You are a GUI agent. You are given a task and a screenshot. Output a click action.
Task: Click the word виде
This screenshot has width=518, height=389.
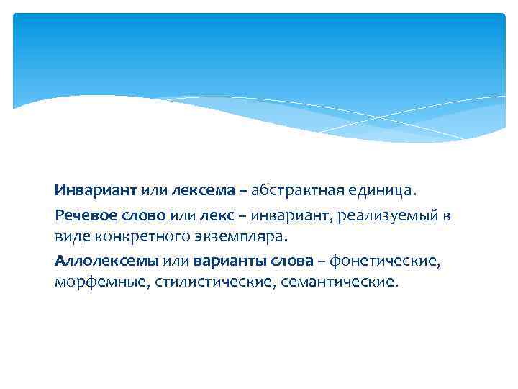70,236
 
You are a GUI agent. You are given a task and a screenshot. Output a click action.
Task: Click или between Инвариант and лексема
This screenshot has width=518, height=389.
153,191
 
